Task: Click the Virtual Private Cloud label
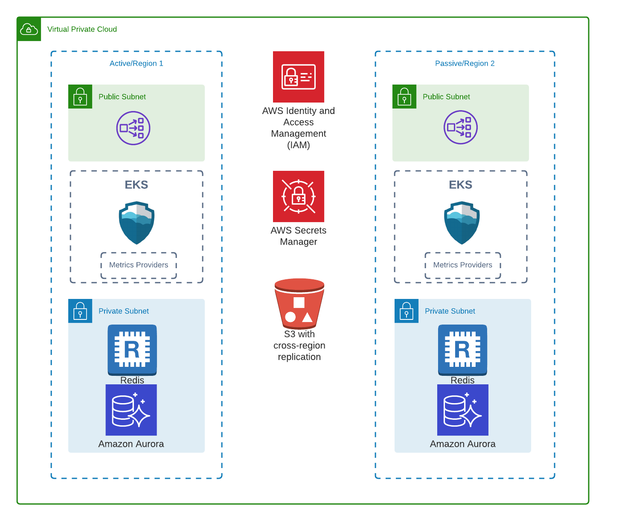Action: [x=82, y=29]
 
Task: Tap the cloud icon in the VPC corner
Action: [x=29, y=29]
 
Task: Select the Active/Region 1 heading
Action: [x=136, y=63]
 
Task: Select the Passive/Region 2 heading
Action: [x=465, y=63]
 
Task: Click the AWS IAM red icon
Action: [x=299, y=77]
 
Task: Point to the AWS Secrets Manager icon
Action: [x=299, y=196]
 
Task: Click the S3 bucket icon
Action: [x=299, y=303]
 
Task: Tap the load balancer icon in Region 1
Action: [x=133, y=128]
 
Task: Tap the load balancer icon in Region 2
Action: [x=460, y=127]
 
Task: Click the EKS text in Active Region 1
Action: [x=136, y=184]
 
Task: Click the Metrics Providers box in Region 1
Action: [x=139, y=265]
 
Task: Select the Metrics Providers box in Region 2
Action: [x=463, y=265]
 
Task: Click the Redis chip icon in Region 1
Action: [x=132, y=349]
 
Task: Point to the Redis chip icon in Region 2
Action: [x=462, y=349]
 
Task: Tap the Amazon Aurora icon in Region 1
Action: [x=131, y=410]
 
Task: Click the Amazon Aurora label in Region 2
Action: [x=462, y=444]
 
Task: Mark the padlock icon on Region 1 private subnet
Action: [x=80, y=311]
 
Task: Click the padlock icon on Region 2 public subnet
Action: [x=404, y=97]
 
